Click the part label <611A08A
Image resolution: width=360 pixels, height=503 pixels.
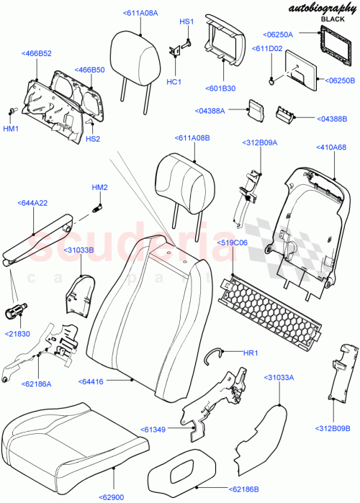coord(140,13)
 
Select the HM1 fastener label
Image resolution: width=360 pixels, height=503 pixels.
coord(12,128)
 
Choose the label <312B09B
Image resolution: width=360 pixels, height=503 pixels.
coord(331,429)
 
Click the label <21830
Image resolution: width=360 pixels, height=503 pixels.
coord(19,335)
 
